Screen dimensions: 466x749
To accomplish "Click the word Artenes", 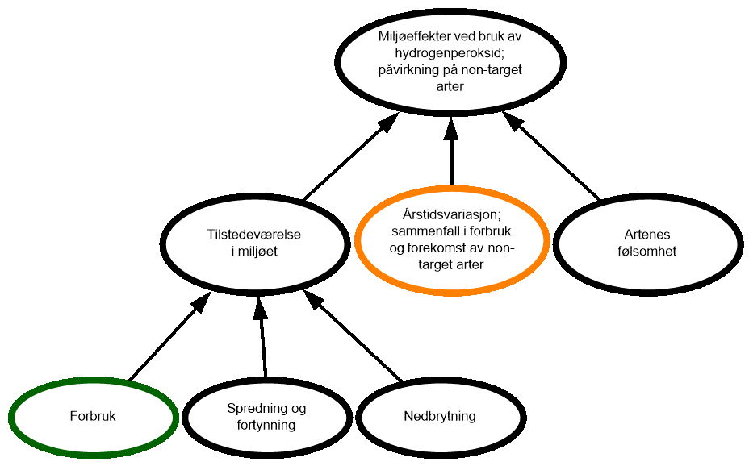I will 647,235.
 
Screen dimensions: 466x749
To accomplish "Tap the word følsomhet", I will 647,252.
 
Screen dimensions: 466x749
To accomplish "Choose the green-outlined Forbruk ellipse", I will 93,417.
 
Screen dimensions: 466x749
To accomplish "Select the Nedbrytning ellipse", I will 440,417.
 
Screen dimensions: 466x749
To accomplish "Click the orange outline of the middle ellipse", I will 358,242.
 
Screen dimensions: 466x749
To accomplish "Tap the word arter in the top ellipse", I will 450,86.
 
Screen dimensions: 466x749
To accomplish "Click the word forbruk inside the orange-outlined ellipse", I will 492,231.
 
